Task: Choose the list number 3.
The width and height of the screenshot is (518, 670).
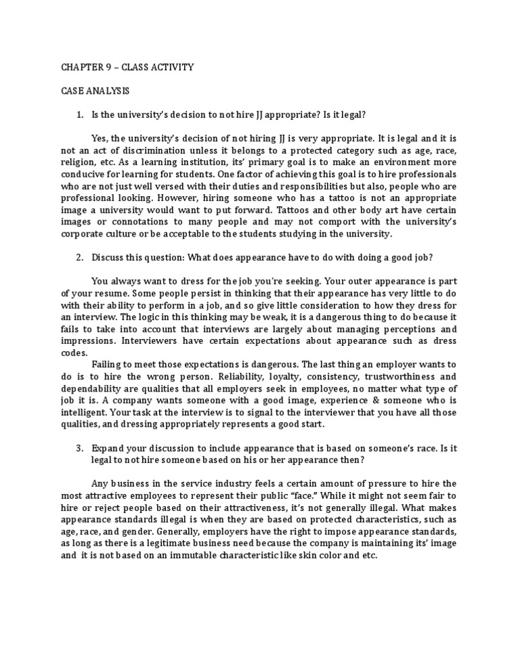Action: pyautogui.click(x=79, y=447)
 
